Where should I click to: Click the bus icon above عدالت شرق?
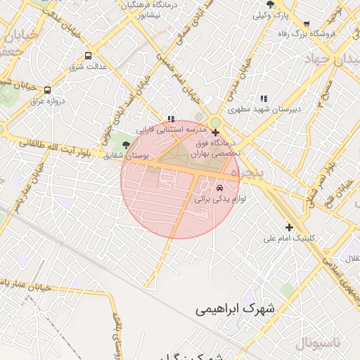pos(88,55)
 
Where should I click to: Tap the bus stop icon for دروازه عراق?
pos(47,90)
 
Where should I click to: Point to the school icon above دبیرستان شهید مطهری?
pos(263,99)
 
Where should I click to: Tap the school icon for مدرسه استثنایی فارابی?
pos(171,120)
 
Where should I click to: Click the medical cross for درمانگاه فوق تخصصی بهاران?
pos(215,132)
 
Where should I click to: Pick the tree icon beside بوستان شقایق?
pos(126,144)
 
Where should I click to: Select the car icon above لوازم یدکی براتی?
pos(220,188)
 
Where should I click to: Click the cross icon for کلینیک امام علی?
pos(289,226)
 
